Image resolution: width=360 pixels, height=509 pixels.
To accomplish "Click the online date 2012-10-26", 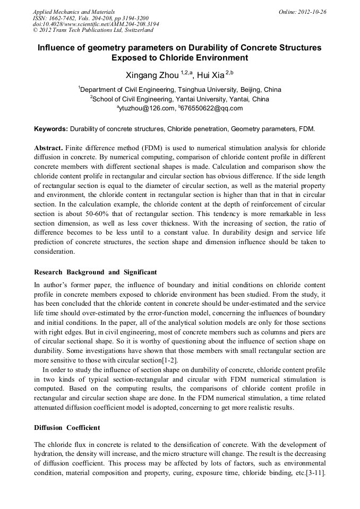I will pos(312,11).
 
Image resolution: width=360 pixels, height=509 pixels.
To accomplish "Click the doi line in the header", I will pos(96,24).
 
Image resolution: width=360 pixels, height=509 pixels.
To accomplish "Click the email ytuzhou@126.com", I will pos(147,108).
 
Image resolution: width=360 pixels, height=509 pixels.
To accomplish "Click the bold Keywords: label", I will pos(51,129).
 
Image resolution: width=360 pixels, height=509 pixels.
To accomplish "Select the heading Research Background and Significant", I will pos(96,272).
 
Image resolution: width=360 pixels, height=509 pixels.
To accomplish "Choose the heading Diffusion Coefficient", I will pos(67,428).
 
